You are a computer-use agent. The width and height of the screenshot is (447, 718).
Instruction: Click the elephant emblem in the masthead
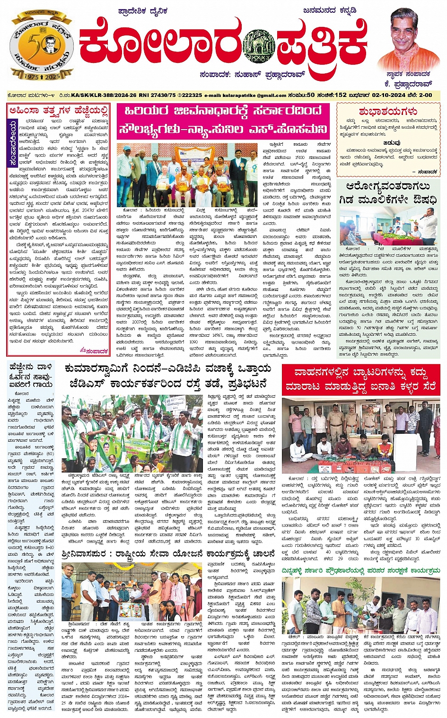259,47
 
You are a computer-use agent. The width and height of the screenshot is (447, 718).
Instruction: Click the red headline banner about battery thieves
360,380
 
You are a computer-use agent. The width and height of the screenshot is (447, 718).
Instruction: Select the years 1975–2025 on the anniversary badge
42,76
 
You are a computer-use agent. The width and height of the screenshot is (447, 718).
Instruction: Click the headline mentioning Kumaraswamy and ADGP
168,375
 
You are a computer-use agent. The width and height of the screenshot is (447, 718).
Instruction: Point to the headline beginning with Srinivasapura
168,554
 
